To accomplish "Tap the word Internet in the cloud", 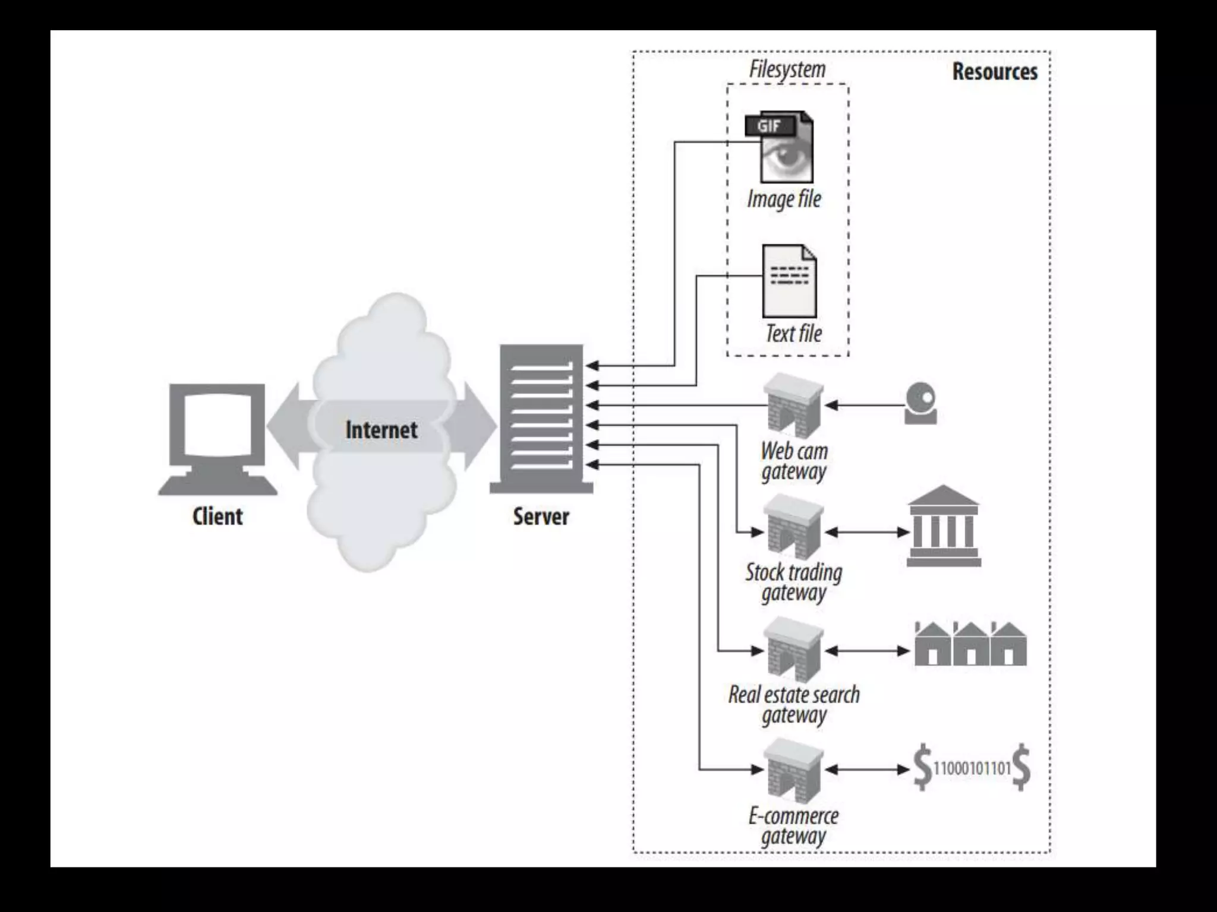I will pyautogui.click(x=382, y=430).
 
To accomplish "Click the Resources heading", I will pyautogui.click(x=995, y=72).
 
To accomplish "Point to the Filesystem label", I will pyautogui.click(x=787, y=69).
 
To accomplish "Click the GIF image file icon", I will pyautogui.click(x=780, y=147).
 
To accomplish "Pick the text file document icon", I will pyautogui.click(x=790, y=281).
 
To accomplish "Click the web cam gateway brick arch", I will pyautogui.click(x=793, y=405).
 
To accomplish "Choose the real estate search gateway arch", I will pyautogui.click(x=793, y=649).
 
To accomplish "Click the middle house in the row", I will pyautogui.click(x=970, y=645).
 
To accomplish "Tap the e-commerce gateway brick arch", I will pyautogui.click(x=793, y=769).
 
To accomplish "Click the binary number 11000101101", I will pyautogui.click(x=972, y=769).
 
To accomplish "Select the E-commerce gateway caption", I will pyautogui.click(x=793, y=826).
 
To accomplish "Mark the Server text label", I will pyautogui.click(x=541, y=517).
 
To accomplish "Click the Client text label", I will pyautogui.click(x=217, y=517).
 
